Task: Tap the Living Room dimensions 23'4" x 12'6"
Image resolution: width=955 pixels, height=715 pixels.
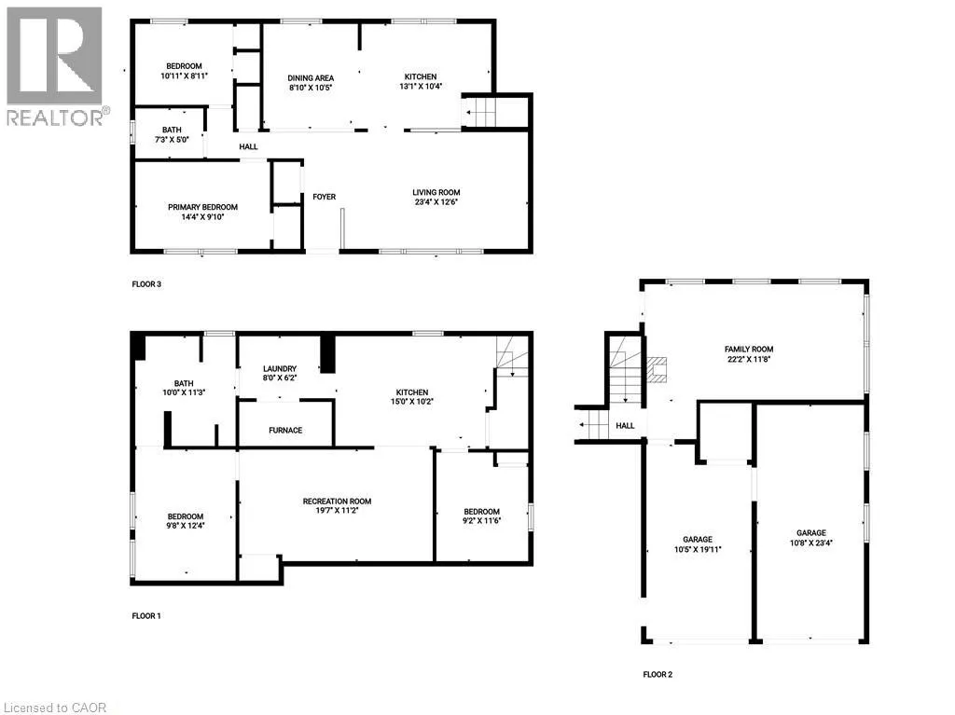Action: tap(436, 201)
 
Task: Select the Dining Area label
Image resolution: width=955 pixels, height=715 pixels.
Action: tap(310, 76)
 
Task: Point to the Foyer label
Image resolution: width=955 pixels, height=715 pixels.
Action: tap(324, 197)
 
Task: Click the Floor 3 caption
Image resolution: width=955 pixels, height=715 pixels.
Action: tap(146, 284)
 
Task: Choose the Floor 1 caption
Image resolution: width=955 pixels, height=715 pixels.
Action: tap(146, 616)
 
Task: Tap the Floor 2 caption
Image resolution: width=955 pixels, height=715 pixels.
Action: tap(657, 674)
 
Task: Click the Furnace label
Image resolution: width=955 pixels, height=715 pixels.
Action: tap(285, 431)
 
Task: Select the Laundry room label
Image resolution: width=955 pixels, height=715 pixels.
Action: tap(280, 369)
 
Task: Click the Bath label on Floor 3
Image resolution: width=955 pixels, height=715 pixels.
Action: tap(172, 131)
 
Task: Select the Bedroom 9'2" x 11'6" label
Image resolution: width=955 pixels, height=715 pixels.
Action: tap(481, 512)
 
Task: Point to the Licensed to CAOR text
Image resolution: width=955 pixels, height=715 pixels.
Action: tap(54, 707)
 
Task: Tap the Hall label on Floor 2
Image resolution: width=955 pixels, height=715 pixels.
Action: tap(625, 426)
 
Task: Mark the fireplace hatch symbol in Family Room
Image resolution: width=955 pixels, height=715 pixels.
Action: tap(657, 370)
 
